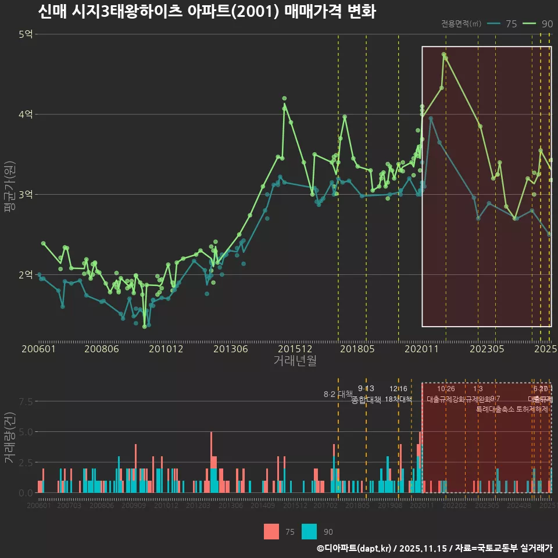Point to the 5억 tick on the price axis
[x=26, y=34]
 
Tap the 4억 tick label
[x=26, y=115]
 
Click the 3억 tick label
[x=26, y=195]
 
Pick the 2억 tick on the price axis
[x=26, y=275]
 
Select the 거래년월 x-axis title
[x=295, y=360]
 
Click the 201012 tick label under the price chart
[x=166, y=349]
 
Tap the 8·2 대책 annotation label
[x=338, y=394]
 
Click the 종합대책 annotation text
[x=367, y=400]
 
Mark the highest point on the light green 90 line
[x=443, y=55]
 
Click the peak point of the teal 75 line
[x=431, y=119]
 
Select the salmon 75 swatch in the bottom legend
[x=271, y=531]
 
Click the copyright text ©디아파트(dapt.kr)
[x=355, y=548]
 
